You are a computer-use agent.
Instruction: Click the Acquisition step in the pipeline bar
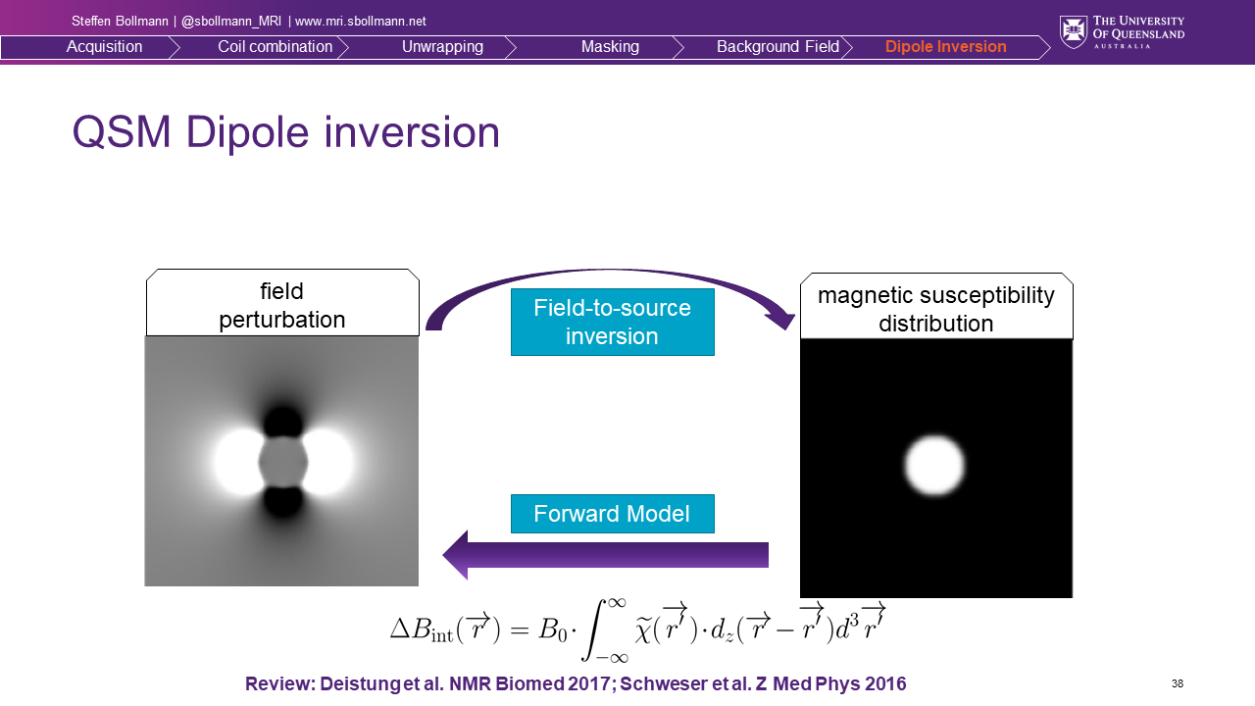pyautogui.click(x=104, y=46)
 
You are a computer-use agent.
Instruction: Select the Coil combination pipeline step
pyautogui.click(x=276, y=46)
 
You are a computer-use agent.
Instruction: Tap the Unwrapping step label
pyautogui.click(x=442, y=46)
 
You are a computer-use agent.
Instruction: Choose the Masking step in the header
pyautogui.click(x=610, y=46)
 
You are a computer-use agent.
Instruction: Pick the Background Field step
pyautogui.click(x=778, y=46)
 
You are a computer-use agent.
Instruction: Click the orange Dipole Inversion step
pyautogui.click(x=946, y=46)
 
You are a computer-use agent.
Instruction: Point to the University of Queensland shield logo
pyautogui.click(x=1073, y=32)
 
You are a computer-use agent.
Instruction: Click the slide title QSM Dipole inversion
pyautogui.click(x=285, y=132)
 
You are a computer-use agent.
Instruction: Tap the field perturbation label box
pyautogui.click(x=282, y=303)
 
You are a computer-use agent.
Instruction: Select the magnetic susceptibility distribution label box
pyautogui.click(x=936, y=307)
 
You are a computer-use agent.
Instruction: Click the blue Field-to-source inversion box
pyautogui.click(x=613, y=323)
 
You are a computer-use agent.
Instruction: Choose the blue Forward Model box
pyautogui.click(x=613, y=514)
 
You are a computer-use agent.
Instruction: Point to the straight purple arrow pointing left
pyautogui.click(x=605, y=555)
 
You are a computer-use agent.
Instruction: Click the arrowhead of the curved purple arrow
pyautogui.click(x=781, y=321)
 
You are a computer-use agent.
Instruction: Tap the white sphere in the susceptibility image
pyautogui.click(x=934, y=466)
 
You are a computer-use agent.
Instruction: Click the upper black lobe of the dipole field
pyautogui.click(x=283, y=422)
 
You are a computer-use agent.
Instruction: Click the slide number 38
pyautogui.click(x=1178, y=683)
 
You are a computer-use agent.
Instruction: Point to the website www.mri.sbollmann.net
pyautogui.click(x=360, y=22)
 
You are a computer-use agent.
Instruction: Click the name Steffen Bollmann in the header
pyautogui.click(x=120, y=22)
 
